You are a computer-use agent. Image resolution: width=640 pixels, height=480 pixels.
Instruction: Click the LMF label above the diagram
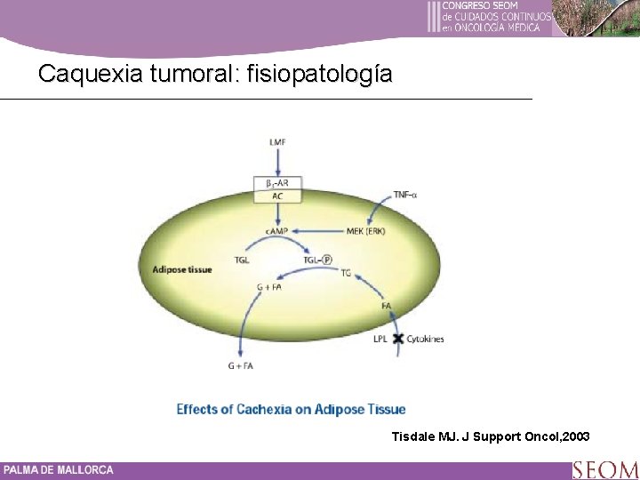[x=277, y=142]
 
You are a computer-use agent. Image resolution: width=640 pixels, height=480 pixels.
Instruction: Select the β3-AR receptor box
[x=277, y=183]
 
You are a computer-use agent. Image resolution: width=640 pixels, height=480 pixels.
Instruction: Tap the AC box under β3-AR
[x=277, y=196]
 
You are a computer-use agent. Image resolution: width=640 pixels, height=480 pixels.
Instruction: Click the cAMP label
[x=277, y=231]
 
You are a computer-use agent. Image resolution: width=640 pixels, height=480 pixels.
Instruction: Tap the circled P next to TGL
[x=327, y=260]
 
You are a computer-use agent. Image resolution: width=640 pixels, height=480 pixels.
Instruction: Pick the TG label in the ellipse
[x=346, y=273]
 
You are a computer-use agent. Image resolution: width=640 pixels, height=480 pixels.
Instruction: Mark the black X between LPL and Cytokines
[x=397, y=339]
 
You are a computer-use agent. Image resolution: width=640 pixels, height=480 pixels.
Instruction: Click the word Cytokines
[x=425, y=339]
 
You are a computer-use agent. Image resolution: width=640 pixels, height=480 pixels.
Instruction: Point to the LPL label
[x=381, y=339]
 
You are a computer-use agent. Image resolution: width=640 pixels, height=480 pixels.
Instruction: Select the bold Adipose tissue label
[x=182, y=268]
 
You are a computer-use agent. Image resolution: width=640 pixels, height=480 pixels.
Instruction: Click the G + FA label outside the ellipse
[x=241, y=365]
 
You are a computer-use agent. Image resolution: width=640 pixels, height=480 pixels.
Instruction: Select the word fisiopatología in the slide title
[x=317, y=74]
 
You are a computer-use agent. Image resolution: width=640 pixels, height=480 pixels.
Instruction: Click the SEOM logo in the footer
[x=604, y=469]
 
